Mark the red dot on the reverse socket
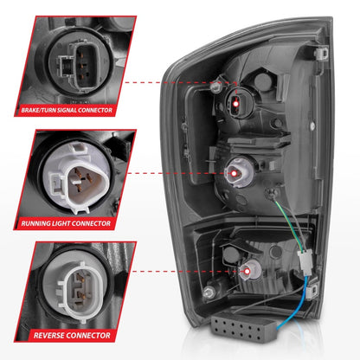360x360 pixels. [x=247, y=271]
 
